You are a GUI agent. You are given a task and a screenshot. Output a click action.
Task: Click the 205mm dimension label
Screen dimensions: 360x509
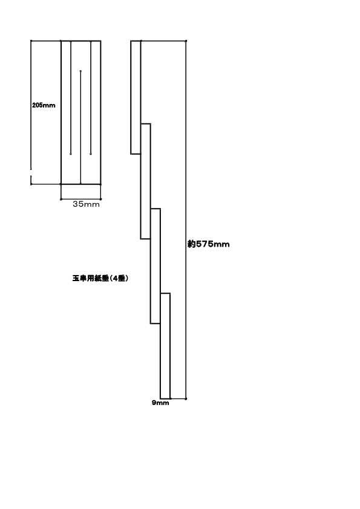point(44,105)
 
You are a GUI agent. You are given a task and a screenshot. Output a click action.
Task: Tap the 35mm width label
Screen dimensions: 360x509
point(86,204)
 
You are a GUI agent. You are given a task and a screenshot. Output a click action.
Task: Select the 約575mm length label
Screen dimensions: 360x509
point(209,244)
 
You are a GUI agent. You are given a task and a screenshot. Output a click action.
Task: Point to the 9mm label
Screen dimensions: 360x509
point(160,403)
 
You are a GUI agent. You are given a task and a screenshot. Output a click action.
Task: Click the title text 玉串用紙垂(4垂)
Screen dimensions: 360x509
point(100,278)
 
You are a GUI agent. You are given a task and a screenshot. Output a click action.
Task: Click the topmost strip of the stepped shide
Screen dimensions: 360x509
point(136,97)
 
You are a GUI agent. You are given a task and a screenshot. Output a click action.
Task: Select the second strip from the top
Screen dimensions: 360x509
point(146,181)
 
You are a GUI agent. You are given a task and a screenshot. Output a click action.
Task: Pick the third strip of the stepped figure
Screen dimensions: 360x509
point(155,266)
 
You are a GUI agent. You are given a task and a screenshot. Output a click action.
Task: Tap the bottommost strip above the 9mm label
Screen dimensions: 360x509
point(165,346)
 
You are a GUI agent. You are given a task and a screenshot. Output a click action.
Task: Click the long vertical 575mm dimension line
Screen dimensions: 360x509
point(186,220)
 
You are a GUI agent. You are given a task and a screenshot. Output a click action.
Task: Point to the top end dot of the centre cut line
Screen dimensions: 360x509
point(80,71)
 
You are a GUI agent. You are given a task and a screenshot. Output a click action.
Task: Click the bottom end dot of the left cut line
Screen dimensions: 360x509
point(71,154)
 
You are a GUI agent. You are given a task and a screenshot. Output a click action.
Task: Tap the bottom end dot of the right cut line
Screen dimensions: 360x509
point(91,154)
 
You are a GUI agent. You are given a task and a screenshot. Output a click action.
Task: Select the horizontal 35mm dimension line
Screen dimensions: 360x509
point(81,199)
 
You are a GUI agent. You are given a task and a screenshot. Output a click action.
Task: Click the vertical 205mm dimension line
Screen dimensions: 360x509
point(31,112)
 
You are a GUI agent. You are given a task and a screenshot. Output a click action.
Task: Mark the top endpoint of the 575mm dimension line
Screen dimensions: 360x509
point(186,41)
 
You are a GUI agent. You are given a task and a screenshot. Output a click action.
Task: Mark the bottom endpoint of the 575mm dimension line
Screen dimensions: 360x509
point(186,398)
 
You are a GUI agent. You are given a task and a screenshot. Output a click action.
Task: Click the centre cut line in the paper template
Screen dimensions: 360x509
point(80,127)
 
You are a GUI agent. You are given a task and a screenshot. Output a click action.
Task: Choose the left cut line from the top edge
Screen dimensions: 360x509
point(71,97)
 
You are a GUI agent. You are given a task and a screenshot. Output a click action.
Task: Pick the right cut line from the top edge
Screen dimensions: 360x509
point(91,97)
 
